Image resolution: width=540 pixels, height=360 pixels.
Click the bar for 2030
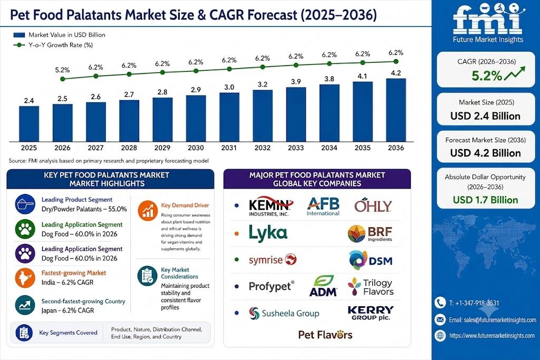196,119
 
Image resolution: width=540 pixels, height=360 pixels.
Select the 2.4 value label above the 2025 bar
29,101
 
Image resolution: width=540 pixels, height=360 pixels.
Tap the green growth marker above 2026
62,79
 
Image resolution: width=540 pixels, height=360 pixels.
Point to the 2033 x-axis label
296,148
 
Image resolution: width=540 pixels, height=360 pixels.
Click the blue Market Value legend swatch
20,35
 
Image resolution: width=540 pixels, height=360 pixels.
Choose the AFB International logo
323,206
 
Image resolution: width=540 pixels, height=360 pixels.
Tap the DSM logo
371,260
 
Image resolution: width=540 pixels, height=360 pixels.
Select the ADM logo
323,286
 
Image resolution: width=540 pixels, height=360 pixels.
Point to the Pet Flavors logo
325,335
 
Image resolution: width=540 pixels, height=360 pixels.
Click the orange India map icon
25,278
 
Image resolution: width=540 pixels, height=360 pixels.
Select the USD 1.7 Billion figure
485,200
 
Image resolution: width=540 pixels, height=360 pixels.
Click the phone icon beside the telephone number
440,303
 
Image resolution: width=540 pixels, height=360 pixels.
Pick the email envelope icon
440,320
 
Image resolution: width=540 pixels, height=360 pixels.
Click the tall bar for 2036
396,110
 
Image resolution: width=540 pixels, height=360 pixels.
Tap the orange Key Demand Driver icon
148,210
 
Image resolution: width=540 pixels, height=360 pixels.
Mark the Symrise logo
273,259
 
